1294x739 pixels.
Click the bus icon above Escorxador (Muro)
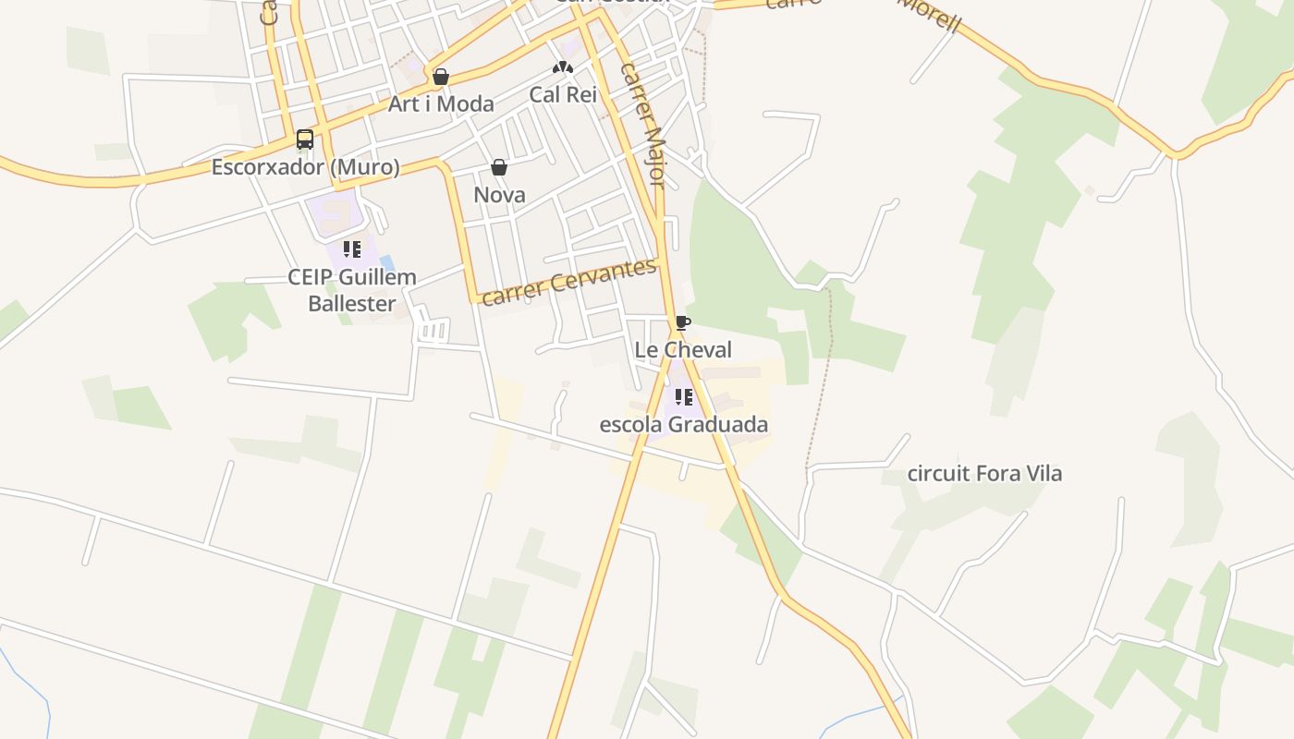pos(304,140)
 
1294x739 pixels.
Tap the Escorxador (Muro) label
pos(306,167)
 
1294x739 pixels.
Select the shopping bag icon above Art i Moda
pos(441,77)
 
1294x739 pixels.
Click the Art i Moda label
pos(441,103)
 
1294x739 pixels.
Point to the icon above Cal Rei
pos(563,67)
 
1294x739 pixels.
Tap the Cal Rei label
pos(563,94)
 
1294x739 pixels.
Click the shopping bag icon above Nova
pos(499,167)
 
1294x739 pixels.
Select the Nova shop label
pos(499,195)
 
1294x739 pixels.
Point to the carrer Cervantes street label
pos(569,282)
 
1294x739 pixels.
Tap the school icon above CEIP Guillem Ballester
pos(351,249)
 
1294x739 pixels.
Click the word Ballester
pos(352,303)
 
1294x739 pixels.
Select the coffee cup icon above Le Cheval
pos(682,322)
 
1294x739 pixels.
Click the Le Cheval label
pos(683,349)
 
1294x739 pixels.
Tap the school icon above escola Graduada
pos(683,397)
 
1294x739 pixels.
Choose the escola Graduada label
pos(684,425)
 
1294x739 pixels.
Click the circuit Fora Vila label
pos(984,474)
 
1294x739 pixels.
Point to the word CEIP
pos(310,277)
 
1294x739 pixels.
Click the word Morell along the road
pos(931,13)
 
